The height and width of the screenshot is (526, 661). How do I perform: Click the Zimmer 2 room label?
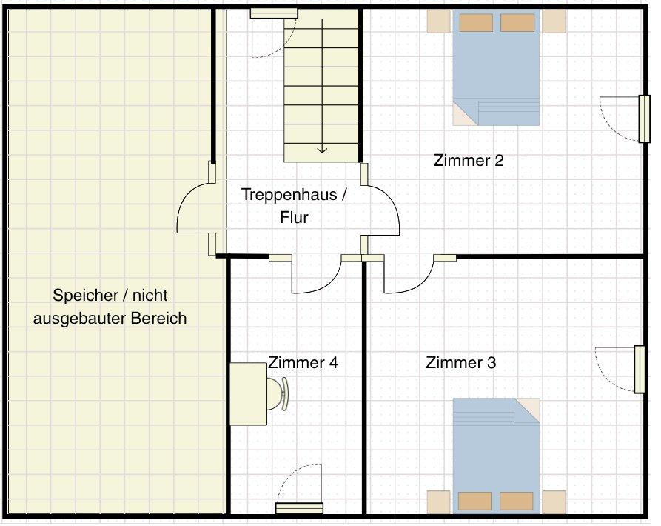[x=469, y=160]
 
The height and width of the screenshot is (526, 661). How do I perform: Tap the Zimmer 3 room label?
[x=460, y=362]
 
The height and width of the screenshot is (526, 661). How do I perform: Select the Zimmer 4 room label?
[x=303, y=362]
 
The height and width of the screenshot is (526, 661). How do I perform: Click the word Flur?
[x=295, y=218]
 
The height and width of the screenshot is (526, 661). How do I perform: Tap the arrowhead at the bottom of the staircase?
[x=323, y=150]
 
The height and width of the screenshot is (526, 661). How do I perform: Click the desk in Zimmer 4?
[x=248, y=394]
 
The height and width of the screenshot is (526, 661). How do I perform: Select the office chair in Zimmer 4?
[x=278, y=393]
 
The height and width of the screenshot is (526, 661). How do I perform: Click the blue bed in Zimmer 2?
[x=496, y=68]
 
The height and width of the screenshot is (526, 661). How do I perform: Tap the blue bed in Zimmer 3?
[x=496, y=456]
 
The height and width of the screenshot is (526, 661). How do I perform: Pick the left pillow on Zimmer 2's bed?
[x=476, y=23]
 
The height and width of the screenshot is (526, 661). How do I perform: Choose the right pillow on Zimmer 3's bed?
[x=517, y=501]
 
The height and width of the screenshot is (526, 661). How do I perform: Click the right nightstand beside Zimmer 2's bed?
[x=554, y=21]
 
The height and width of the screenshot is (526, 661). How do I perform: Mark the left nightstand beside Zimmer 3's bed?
[x=438, y=502]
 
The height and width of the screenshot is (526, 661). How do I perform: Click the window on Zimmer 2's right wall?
[x=644, y=119]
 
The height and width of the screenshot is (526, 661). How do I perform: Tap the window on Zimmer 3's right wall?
[x=640, y=370]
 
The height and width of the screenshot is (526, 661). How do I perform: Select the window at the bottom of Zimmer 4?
[x=299, y=508]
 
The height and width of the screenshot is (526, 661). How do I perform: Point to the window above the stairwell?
[x=274, y=14]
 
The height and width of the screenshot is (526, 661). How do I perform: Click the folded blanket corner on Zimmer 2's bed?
[x=466, y=113]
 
